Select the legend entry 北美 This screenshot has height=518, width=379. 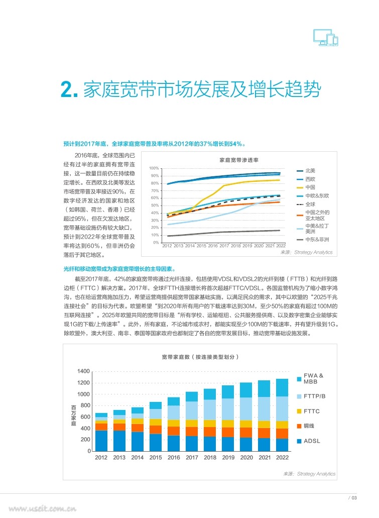point(310,171)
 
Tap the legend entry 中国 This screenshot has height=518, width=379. point(310,187)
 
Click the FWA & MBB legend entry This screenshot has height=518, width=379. point(314,378)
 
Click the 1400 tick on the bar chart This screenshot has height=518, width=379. point(83,371)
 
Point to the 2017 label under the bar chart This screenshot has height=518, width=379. point(192,458)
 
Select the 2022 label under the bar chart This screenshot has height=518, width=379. point(282,458)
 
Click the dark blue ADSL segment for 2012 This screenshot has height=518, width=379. point(101,441)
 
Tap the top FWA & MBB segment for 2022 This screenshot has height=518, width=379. point(282,387)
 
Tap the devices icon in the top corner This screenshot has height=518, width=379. point(325,37)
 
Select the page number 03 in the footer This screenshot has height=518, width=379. point(354,498)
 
